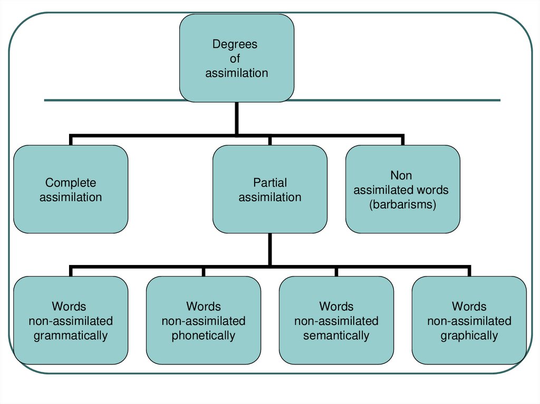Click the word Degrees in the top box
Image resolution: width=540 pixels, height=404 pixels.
point(235,44)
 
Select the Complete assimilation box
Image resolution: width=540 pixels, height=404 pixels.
point(71,190)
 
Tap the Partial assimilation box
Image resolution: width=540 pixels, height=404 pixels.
point(270,190)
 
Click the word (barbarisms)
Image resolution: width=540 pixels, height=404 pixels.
point(403,204)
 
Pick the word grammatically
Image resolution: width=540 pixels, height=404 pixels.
point(71,336)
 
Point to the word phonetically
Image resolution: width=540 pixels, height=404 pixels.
point(204,336)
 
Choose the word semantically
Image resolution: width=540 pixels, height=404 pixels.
point(336,336)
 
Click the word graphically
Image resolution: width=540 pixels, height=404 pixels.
point(469,336)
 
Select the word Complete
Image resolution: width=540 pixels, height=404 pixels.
point(71,183)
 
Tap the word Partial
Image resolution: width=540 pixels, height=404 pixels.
point(270,183)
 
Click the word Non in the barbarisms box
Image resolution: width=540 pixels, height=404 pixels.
point(401,175)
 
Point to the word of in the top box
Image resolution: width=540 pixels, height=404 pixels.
point(235,59)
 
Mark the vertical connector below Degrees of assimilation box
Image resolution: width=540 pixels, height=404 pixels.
point(237,118)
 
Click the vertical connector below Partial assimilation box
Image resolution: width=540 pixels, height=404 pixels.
point(270,249)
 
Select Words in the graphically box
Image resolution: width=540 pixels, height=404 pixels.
point(469,306)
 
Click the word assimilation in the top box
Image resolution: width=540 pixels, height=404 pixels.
point(237,73)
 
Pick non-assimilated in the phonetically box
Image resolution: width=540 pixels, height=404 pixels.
point(204,321)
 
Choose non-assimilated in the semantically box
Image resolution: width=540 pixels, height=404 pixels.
point(336,321)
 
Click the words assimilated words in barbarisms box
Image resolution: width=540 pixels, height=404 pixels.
point(401,190)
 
